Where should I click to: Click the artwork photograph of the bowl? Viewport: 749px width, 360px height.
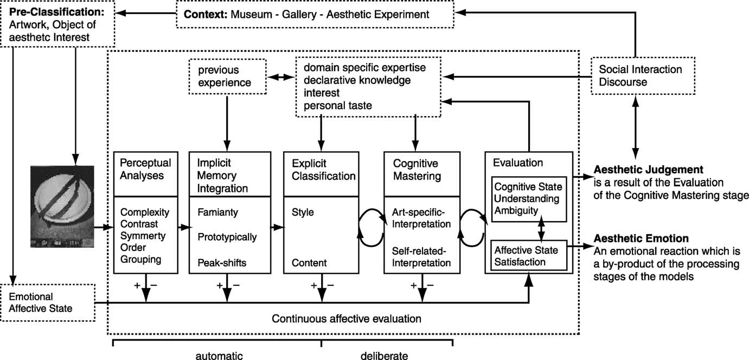point(62,207)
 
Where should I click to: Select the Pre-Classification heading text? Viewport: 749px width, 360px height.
point(56,12)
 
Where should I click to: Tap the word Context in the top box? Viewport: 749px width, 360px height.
point(206,15)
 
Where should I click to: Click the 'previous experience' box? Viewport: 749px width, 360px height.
point(228,76)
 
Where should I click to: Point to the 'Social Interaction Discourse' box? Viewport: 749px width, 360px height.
point(643,76)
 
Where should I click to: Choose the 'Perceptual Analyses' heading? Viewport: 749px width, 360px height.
point(145,169)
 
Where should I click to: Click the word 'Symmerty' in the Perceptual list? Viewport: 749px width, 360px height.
point(143,236)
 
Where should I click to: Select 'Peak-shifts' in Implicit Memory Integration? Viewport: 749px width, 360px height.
point(222,263)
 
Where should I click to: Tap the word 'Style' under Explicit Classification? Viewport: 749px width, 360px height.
point(303,212)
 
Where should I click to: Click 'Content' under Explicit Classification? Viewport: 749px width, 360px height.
point(309,263)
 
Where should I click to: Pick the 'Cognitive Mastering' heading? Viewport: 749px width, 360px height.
point(417,170)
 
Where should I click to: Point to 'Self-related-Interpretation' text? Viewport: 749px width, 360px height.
point(421,256)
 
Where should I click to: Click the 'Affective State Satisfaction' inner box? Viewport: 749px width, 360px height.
point(529,255)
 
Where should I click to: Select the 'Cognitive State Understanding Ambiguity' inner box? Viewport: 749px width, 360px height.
point(529,199)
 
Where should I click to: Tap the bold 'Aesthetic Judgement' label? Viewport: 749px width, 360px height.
point(648,170)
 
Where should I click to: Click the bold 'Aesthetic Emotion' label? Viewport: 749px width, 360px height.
point(641,239)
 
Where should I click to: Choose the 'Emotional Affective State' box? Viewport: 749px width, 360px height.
point(48,303)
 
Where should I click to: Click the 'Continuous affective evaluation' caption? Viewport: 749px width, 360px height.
point(347,319)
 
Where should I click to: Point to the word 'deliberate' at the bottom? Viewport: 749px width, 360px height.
point(384,355)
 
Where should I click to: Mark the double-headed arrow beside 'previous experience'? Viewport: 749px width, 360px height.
point(281,78)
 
